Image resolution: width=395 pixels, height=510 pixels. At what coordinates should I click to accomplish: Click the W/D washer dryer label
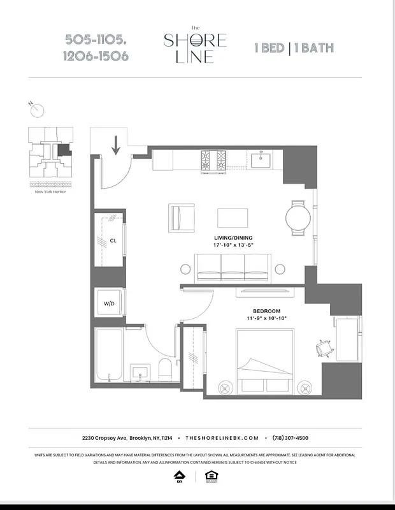[x=109, y=304]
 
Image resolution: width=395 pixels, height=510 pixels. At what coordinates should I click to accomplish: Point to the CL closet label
[x=113, y=241]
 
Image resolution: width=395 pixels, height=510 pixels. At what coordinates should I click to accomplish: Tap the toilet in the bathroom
[x=164, y=368]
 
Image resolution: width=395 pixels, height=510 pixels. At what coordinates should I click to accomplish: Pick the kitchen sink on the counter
[x=261, y=159]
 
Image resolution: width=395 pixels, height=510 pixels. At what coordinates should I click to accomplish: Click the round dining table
[x=298, y=218]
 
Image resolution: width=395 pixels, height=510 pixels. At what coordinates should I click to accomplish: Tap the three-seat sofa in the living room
[x=233, y=268]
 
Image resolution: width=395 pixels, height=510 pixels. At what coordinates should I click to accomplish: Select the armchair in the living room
[x=182, y=218]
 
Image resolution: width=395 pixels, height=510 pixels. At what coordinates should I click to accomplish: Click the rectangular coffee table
[x=233, y=217]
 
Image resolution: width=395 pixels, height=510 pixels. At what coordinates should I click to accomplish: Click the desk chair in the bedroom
[x=323, y=348]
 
